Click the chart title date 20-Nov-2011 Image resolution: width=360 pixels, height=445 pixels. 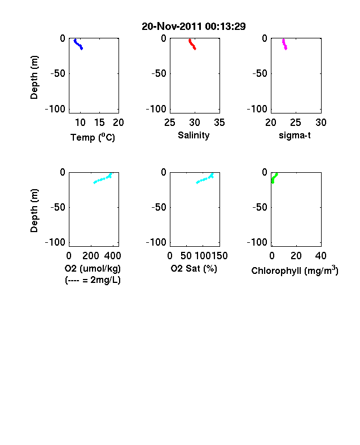click(x=172, y=27)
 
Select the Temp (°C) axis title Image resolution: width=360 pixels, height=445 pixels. click(x=93, y=137)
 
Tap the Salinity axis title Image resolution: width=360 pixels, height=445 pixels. click(x=194, y=136)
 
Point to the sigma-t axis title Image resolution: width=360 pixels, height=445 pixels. click(x=295, y=136)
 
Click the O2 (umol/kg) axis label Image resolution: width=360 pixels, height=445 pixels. click(x=93, y=268)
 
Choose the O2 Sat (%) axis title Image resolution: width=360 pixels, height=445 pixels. click(x=194, y=268)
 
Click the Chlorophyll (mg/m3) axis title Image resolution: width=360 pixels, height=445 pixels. click(x=295, y=271)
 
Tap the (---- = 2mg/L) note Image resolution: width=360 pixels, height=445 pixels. click(x=93, y=280)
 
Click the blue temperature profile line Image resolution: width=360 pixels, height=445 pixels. click(x=78, y=45)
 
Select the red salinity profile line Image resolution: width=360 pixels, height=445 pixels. click(x=192, y=44)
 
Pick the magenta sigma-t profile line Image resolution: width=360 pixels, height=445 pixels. click(x=284, y=45)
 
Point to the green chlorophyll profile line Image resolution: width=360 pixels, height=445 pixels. click(x=274, y=178)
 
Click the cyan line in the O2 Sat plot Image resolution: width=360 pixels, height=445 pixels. click(x=205, y=179)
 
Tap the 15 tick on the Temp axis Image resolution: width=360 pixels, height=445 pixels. click(x=99, y=123)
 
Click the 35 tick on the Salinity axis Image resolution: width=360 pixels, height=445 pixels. click(x=219, y=123)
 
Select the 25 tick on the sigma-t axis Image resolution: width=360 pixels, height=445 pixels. click(x=295, y=123)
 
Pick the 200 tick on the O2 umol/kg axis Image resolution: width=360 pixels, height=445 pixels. click(x=91, y=256)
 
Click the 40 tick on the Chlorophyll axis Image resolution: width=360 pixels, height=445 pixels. click(x=321, y=256)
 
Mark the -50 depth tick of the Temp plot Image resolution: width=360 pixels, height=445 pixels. click(x=58, y=73)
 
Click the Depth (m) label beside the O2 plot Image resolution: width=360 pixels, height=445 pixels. click(x=34, y=211)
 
